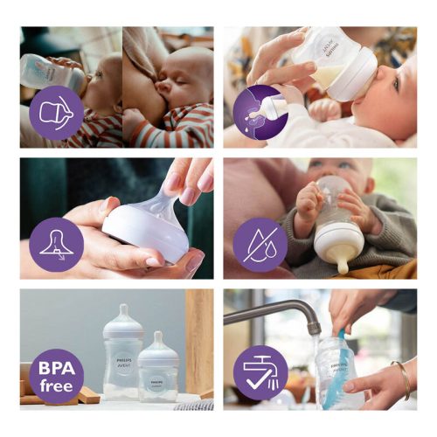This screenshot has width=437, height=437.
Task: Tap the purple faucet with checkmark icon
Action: tap(260, 373)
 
